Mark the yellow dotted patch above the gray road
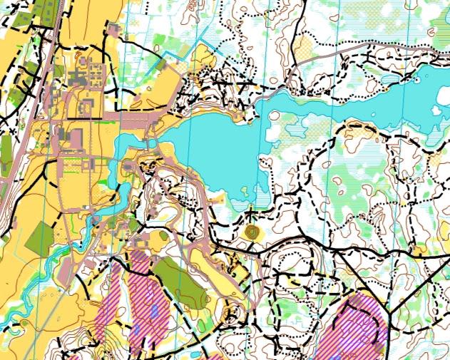coord(303,46)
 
